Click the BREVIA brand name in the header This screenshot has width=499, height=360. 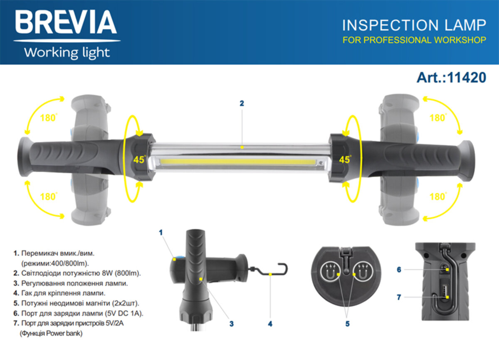tap(66, 22)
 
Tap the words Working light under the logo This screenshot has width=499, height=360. tap(67, 53)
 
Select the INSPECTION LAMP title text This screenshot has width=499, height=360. tap(414, 25)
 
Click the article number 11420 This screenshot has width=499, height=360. tap(467, 77)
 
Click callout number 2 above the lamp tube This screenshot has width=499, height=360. tap(242, 103)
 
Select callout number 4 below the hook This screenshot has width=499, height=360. tap(270, 324)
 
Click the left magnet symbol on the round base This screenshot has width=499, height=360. tap(331, 271)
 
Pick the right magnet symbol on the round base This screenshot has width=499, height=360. tap(363, 271)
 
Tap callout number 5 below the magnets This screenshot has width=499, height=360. tap(348, 324)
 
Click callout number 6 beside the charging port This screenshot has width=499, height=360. tap(399, 270)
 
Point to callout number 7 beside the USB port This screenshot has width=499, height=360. tap(399, 297)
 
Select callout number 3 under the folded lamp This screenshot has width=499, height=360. tap(232, 324)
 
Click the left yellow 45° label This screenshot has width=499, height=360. tap(139, 159)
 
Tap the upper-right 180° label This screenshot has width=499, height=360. tap(438, 118)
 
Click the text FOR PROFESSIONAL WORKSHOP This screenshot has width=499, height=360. tap(414, 40)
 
